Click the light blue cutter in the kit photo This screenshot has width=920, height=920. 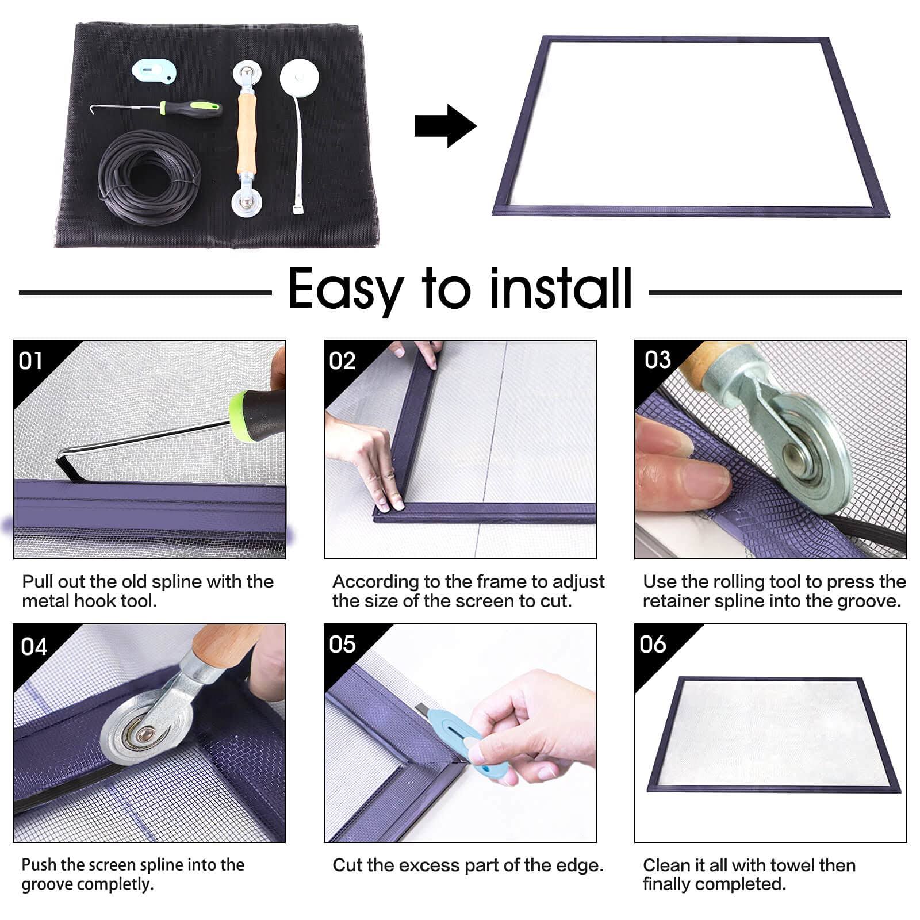153,70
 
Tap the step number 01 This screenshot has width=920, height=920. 30,361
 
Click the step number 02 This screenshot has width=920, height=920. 342,361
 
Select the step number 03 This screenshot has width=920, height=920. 658,360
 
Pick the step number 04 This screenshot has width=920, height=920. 34,647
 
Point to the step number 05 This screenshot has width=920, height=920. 342,645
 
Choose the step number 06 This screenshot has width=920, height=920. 653,644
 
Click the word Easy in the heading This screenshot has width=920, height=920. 345,289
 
